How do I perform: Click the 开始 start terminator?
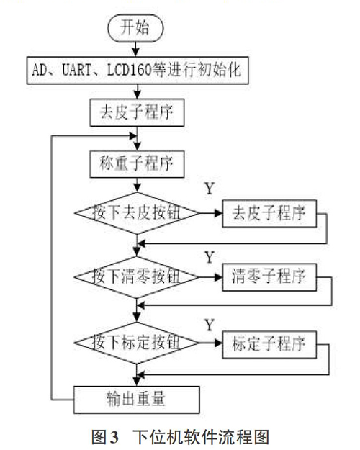(x=135, y=28)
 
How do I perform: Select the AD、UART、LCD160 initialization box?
(x=138, y=71)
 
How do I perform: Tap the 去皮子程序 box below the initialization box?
(x=137, y=112)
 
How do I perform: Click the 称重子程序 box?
(x=137, y=164)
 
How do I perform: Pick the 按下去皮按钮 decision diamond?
(x=137, y=213)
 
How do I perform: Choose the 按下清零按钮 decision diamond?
(x=137, y=277)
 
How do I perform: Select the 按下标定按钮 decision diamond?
(x=137, y=343)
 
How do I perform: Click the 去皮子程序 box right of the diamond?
(x=269, y=214)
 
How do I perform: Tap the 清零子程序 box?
(x=269, y=277)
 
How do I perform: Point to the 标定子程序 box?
(x=269, y=344)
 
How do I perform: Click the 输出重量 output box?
(x=137, y=400)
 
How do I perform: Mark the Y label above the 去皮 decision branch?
(x=210, y=188)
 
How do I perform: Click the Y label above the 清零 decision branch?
(x=210, y=257)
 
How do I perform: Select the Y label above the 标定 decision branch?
(x=210, y=325)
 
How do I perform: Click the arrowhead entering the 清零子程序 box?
(x=219, y=277)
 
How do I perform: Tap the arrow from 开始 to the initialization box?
(x=136, y=49)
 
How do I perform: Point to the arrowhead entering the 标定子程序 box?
(x=219, y=343)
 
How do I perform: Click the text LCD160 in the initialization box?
(x=129, y=70)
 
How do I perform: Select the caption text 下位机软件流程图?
(x=201, y=437)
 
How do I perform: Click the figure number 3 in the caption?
(x=114, y=437)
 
